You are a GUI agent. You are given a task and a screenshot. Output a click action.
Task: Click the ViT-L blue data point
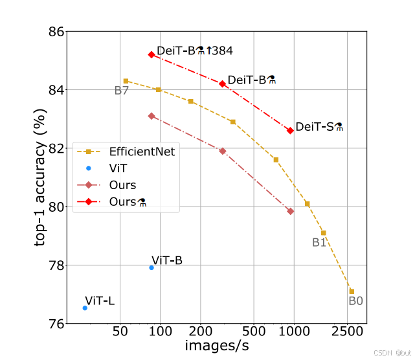pyautogui.click(x=85, y=308)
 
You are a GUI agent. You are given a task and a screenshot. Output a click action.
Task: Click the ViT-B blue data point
pyautogui.click(x=151, y=267)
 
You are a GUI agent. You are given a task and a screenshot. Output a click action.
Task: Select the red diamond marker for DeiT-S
pyautogui.click(x=290, y=130)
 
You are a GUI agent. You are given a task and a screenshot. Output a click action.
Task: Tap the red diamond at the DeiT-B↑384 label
pyautogui.click(x=151, y=55)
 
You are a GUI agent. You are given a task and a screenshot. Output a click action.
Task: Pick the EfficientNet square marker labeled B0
pyautogui.click(x=352, y=291)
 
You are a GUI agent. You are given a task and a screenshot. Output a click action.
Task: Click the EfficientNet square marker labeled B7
pyautogui.click(x=126, y=81)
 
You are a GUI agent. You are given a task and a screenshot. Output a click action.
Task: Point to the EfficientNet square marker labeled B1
pyautogui.click(x=323, y=232)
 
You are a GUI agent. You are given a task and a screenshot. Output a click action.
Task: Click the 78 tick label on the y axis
pyautogui.click(x=56, y=265)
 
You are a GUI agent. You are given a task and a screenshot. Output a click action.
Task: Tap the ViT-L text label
pyautogui.click(x=100, y=301)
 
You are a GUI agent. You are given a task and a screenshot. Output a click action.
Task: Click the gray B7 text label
pyautogui.click(x=121, y=91)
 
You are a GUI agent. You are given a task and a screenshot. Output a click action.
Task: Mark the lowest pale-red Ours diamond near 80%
pyautogui.click(x=290, y=211)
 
